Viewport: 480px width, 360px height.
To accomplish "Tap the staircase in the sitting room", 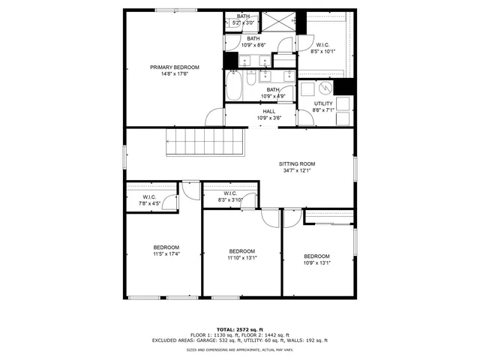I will [206, 142].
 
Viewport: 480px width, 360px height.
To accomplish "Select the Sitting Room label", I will [298, 163].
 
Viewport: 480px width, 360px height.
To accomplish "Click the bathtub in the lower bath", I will [233, 86].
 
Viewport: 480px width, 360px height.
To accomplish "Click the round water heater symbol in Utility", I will [325, 88].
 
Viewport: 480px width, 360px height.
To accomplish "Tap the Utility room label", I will [323, 103].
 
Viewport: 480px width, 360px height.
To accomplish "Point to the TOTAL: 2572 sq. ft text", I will [239, 329].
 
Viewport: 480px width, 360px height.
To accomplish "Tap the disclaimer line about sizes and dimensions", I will [239, 349].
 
